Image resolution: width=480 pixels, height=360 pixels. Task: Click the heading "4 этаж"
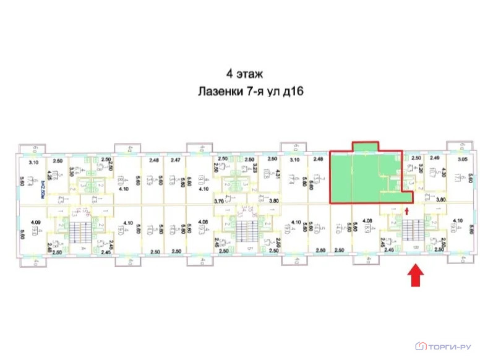pos(244,74)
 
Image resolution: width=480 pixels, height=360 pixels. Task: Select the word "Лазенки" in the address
pos(216,92)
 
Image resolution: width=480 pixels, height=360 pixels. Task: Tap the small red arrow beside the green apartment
pos(406,212)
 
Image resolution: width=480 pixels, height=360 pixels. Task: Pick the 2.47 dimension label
pos(176,160)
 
